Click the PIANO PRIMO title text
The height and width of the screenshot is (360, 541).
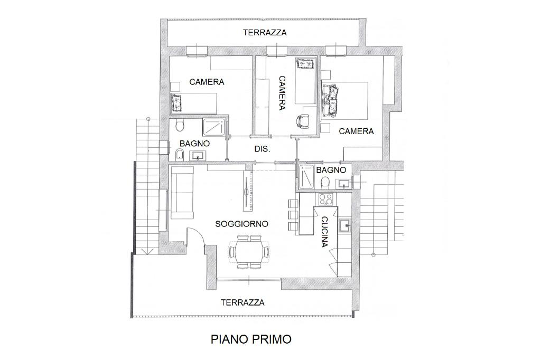point(251,339)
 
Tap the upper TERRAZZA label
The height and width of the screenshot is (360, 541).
point(265,32)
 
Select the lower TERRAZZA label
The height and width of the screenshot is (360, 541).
point(242,302)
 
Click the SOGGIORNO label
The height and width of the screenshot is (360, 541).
point(241,224)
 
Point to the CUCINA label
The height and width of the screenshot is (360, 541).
point(324,232)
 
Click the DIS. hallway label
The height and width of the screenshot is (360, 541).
point(262,149)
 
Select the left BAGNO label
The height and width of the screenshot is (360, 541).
point(194,144)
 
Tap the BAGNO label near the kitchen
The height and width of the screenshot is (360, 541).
point(331,169)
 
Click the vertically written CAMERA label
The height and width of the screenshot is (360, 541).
point(282,93)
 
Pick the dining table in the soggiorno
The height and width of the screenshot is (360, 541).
point(249,252)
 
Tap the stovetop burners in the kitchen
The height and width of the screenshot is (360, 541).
point(326,199)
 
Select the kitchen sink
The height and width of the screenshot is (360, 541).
point(344,226)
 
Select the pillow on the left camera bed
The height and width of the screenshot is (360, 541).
point(176,103)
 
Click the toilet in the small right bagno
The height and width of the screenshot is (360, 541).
point(325,182)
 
